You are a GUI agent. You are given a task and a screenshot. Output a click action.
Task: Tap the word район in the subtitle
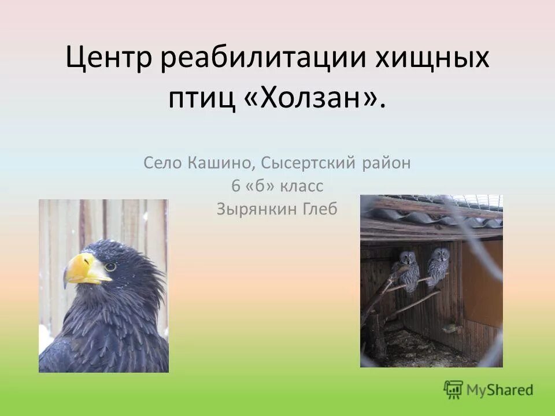click(x=386, y=164)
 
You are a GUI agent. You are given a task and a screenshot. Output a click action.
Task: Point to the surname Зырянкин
click(x=256, y=209)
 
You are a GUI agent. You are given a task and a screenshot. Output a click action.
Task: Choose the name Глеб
click(x=319, y=209)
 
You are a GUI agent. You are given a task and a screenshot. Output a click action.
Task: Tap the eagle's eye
click(x=110, y=267)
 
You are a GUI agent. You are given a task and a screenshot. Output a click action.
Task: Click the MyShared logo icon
click(x=454, y=389)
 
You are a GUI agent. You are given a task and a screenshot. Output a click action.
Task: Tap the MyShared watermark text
click(x=501, y=390)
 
